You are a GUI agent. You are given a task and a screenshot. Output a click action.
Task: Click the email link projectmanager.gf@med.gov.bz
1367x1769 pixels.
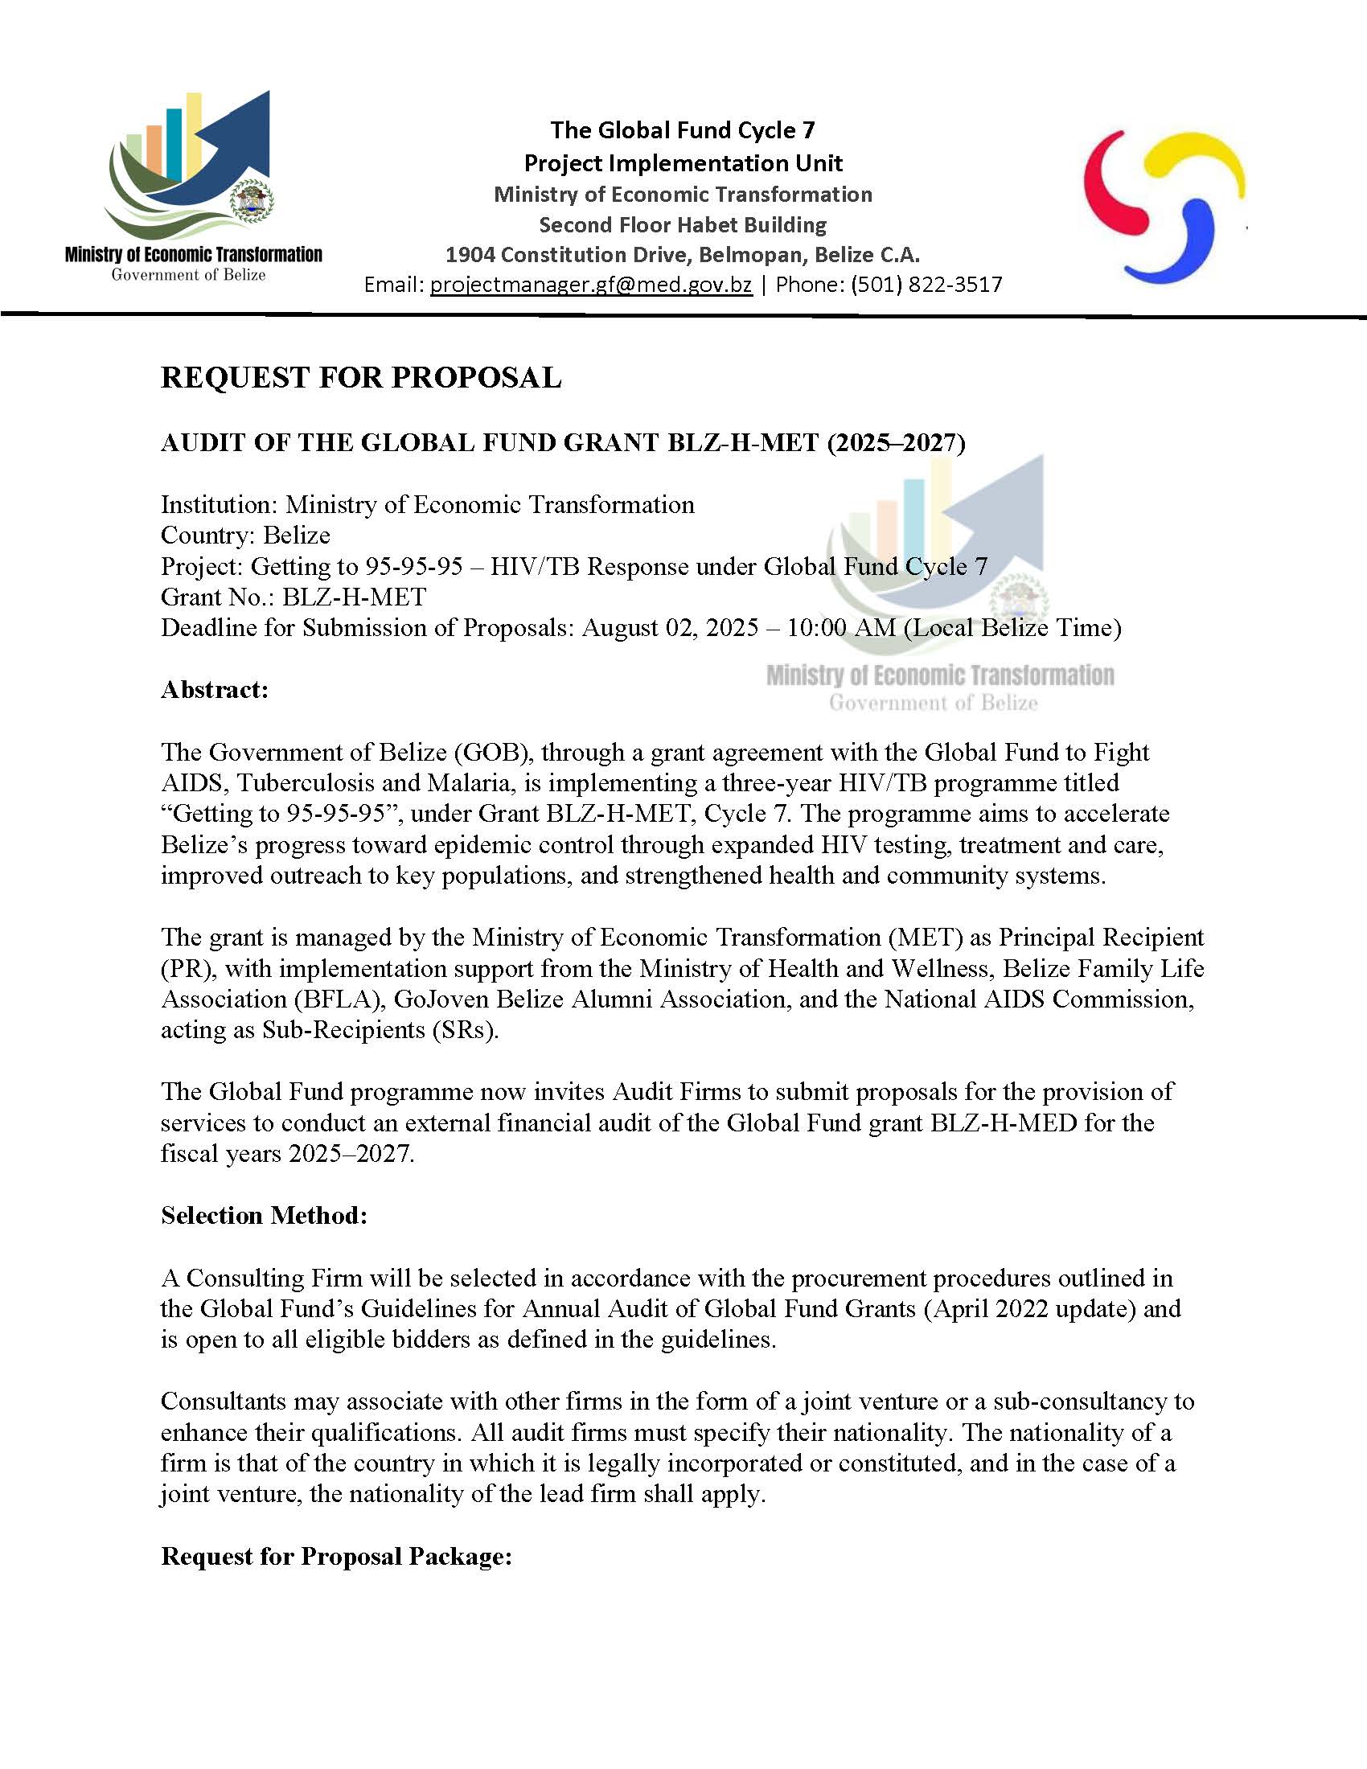point(590,285)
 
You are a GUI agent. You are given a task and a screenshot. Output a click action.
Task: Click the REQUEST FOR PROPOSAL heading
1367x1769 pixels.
point(360,377)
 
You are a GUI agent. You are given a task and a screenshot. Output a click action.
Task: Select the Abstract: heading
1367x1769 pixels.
point(215,689)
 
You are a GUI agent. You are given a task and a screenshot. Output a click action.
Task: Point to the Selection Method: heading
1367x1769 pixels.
point(264,1215)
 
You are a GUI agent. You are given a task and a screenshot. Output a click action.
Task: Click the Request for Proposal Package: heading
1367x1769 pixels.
point(336,1556)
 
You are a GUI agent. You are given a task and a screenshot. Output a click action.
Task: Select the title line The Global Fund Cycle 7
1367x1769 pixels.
point(683,130)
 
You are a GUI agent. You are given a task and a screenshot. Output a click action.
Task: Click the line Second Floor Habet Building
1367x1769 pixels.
point(683,224)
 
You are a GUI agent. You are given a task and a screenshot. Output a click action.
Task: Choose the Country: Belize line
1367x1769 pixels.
point(245,536)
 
